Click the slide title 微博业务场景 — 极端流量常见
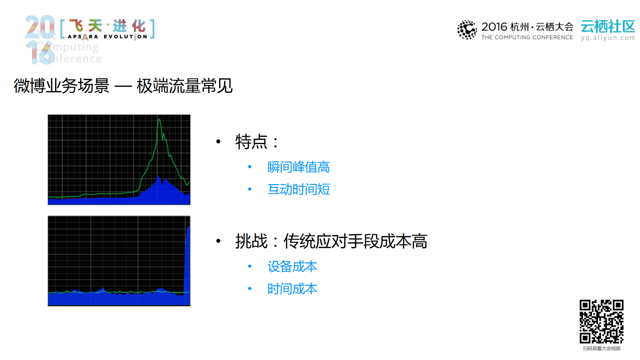[x=123, y=86]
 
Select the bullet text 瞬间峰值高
[x=298, y=167]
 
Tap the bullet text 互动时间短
[x=298, y=190]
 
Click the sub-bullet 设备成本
[x=292, y=267]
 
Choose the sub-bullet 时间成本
[x=292, y=289]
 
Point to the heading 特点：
[x=257, y=142]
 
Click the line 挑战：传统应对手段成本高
[x=331, y=241]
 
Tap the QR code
[x=601, y=321]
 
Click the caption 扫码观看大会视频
[x=601, y=348]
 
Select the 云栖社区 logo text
[x=608, y=26]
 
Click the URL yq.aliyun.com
[x=608, y=38]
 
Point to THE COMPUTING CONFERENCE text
[x=527, y=37]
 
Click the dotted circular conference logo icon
[x=467, y=30]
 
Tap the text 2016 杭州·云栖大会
[x=527, y=27]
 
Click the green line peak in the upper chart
[x=159, y=120]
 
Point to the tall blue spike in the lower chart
[x=187, y=260]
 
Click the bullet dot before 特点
[x=218, y=142]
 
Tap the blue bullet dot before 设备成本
[x=250, y=266]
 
